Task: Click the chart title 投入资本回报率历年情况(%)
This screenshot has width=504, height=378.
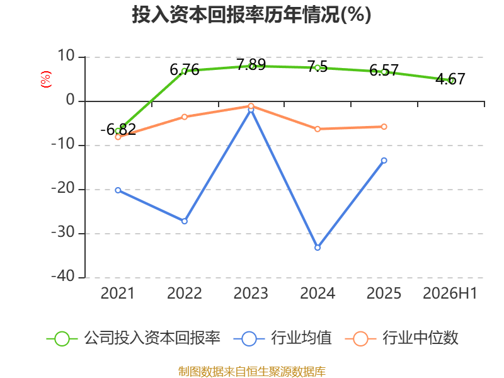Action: click(251, 14)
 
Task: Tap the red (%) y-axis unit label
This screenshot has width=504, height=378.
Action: click(45, 79)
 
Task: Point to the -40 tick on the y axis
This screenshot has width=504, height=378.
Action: click(63, 277)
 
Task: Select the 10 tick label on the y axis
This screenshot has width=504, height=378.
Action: click(66, 56)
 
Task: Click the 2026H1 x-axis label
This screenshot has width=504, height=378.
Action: click(450, 293)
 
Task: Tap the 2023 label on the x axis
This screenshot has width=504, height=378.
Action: click(251, 293)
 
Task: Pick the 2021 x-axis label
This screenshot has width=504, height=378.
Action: click(118, 293)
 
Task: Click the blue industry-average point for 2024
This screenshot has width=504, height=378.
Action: click(318, 248)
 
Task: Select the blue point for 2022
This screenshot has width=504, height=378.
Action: click(185, 221)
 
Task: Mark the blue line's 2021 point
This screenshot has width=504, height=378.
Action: click(118, 190)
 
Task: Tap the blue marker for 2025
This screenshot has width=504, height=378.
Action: click(384, 161)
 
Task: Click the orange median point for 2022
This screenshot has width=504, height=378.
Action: click(185, 117)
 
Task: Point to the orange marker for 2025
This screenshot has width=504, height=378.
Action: click(384, 127)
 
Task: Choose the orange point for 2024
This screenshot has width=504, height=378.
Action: click(318, 129)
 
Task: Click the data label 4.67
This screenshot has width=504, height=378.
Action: click(450, 79)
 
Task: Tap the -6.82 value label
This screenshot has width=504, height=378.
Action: click(118, 130)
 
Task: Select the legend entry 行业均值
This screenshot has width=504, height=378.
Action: click(283, 338)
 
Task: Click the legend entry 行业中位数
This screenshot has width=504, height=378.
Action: click(402, 338)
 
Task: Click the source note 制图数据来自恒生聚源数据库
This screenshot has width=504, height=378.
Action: click(252, 371)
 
